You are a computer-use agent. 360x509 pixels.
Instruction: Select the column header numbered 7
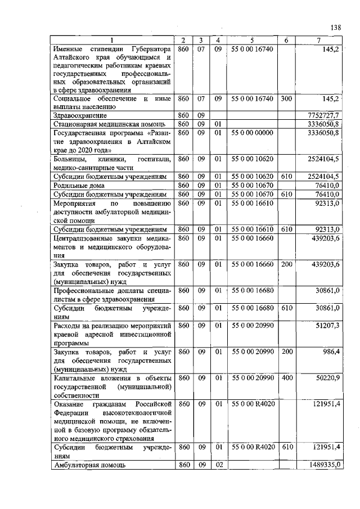pyautogui.click(x=319, y=40)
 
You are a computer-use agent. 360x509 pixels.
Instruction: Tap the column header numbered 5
pyautogui.click(x=252, y=40)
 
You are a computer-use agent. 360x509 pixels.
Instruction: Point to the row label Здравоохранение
pyautogui.click(x=78, y=115)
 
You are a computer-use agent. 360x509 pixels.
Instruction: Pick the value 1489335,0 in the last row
pyautogui.click(x=321, y=465)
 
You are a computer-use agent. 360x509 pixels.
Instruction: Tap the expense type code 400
pyautogui.click(x=287, y=378)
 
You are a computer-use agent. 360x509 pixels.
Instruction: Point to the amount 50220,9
pyautogui.click(x=325, y=378)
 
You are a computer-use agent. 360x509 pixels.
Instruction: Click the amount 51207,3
pyautogui.click(x=325, y=326)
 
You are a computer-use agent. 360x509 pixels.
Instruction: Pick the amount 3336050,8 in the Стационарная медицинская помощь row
pyautogui.click(x=321, y=123)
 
